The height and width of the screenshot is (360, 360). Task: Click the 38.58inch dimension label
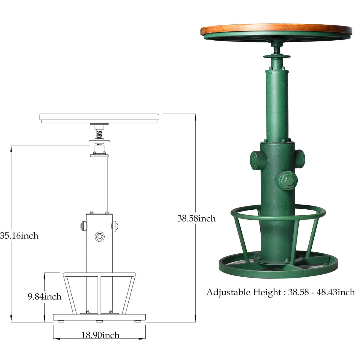click(x=196, y=219)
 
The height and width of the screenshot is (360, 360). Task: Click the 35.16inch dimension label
click(x=19, y=236)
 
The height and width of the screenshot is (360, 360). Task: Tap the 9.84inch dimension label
click(x=44, y=297)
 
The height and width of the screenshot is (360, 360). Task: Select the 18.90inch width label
click(x=100, y=335)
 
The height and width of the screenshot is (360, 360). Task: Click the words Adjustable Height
click(x=244, y=292)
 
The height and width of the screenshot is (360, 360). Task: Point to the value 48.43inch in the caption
click(x=336, y=292)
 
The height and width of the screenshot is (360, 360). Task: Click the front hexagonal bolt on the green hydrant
click(x=286, y=180)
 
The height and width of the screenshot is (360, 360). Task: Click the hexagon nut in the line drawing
click(x=99, y=237)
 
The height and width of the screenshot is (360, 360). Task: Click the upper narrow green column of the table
click(x=277, y=104)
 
